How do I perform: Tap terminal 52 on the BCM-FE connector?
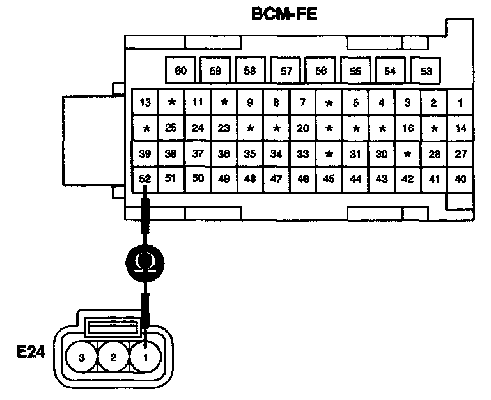click(x=145, y=179)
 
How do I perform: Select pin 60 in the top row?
click(x=181, y=71)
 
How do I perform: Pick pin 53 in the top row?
click(x=426, y=71)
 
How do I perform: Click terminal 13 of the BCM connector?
click(x=145, y=102)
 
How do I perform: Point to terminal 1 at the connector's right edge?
click(x=460, y=102)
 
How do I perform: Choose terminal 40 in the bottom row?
click(x=460, y=179)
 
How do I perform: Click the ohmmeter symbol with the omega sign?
click(x=145, y=261)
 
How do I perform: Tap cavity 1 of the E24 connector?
click(x=146, y=358)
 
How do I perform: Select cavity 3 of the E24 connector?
click(x=82, y=358)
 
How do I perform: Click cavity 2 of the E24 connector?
click(x=114, y=358)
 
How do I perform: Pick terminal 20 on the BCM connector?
click(x=303, y=128)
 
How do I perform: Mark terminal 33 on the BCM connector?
click(x=303, y=153)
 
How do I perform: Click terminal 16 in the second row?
click(x=407, y=128)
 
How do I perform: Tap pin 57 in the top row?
click(x=286, y=71)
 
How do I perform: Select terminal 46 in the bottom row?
click(x=303, y=179)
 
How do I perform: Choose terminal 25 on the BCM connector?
click(x=171, y=128)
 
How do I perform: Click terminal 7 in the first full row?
click(x=303, y=102)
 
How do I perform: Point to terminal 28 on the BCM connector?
click(x=434, y=153)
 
